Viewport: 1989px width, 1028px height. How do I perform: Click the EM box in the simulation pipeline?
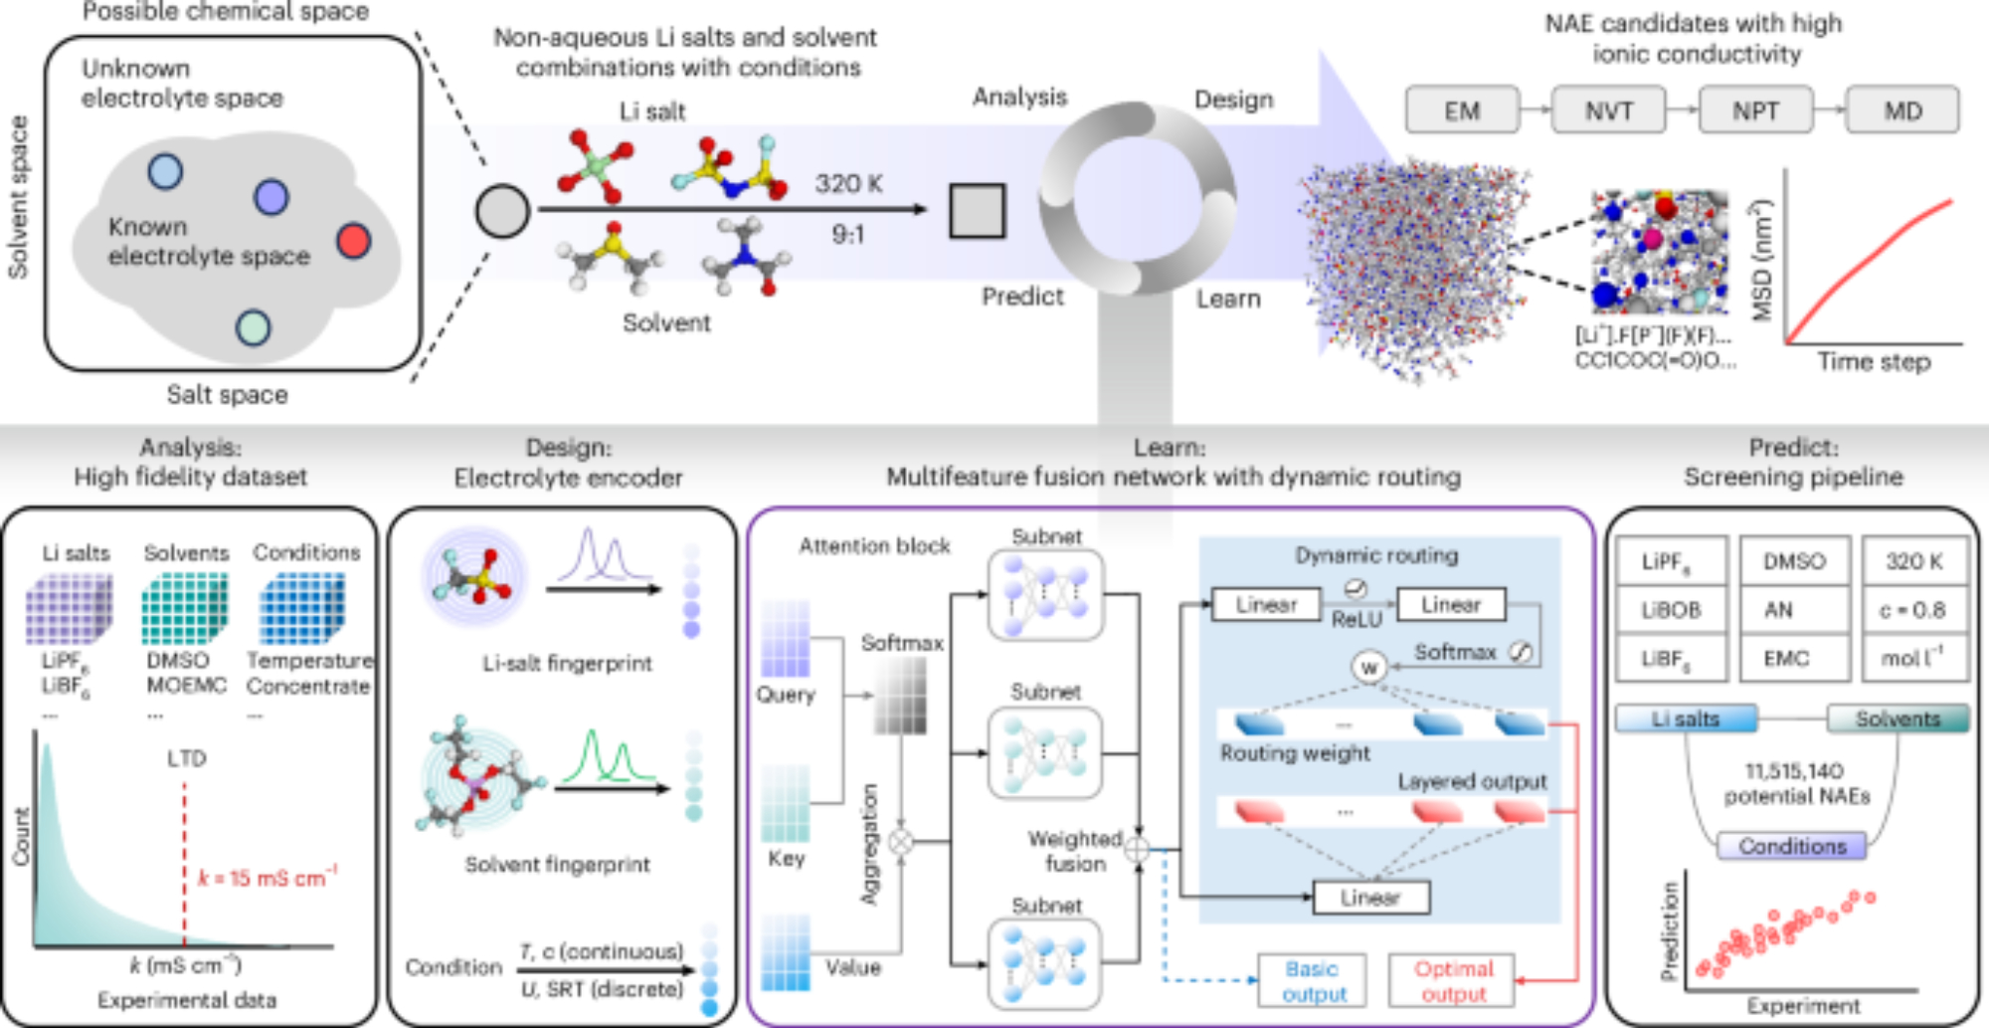click(1462, 110)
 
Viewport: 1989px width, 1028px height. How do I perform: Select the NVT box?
click(1608, 110)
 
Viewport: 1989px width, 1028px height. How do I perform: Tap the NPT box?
click(1755, 110)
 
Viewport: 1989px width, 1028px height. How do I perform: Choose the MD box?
click(1902, 110)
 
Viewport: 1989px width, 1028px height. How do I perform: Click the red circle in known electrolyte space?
click(353, 241)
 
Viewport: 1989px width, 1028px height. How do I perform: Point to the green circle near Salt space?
click(254, 327)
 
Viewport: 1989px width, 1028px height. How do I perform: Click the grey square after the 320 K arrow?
click(977, 211)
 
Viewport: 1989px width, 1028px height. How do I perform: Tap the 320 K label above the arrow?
click(848, 184)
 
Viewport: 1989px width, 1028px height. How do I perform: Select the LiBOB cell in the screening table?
click(1671, 610)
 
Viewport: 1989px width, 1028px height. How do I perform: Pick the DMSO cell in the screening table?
click(1794, 561)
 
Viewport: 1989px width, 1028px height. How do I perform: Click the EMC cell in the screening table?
click(1786, 658)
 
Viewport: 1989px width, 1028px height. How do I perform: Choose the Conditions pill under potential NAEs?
click(1792, 846)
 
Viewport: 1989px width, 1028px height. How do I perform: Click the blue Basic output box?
click(1312, 981)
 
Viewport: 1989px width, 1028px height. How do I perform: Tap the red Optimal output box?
click(1453, 981)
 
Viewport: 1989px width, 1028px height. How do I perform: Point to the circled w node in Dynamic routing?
click(1369, 667)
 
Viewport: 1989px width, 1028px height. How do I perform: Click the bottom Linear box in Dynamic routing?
click(1370, 898)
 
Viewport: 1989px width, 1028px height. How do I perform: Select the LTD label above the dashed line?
click(186, 759)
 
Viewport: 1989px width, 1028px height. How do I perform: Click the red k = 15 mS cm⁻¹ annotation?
click(268, 878)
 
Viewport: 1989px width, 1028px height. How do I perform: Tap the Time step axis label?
click(1874, 361)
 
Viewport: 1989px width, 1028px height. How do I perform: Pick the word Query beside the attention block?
click(786, 695)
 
